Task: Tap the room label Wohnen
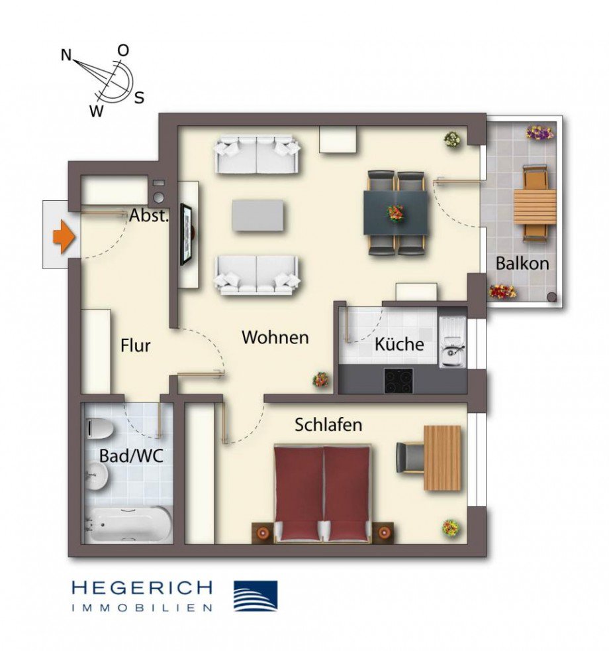[x=275, y=337]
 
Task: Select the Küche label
[x=399, y=345]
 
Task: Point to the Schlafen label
[x=328, y=425]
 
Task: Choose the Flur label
[x=136, y=345]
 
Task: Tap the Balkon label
[x=522, y=263]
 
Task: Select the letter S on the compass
[x=139, y=98]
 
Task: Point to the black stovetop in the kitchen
[x=398, y=381]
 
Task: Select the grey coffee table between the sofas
[x=258, y=215]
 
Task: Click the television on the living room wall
[x=187, y=235]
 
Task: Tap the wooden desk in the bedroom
[x=442, y=457]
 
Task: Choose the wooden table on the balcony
[x=535, y=205]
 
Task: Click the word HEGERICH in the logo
[x=142, y=587]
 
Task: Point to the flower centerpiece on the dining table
[x=396, y=213]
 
